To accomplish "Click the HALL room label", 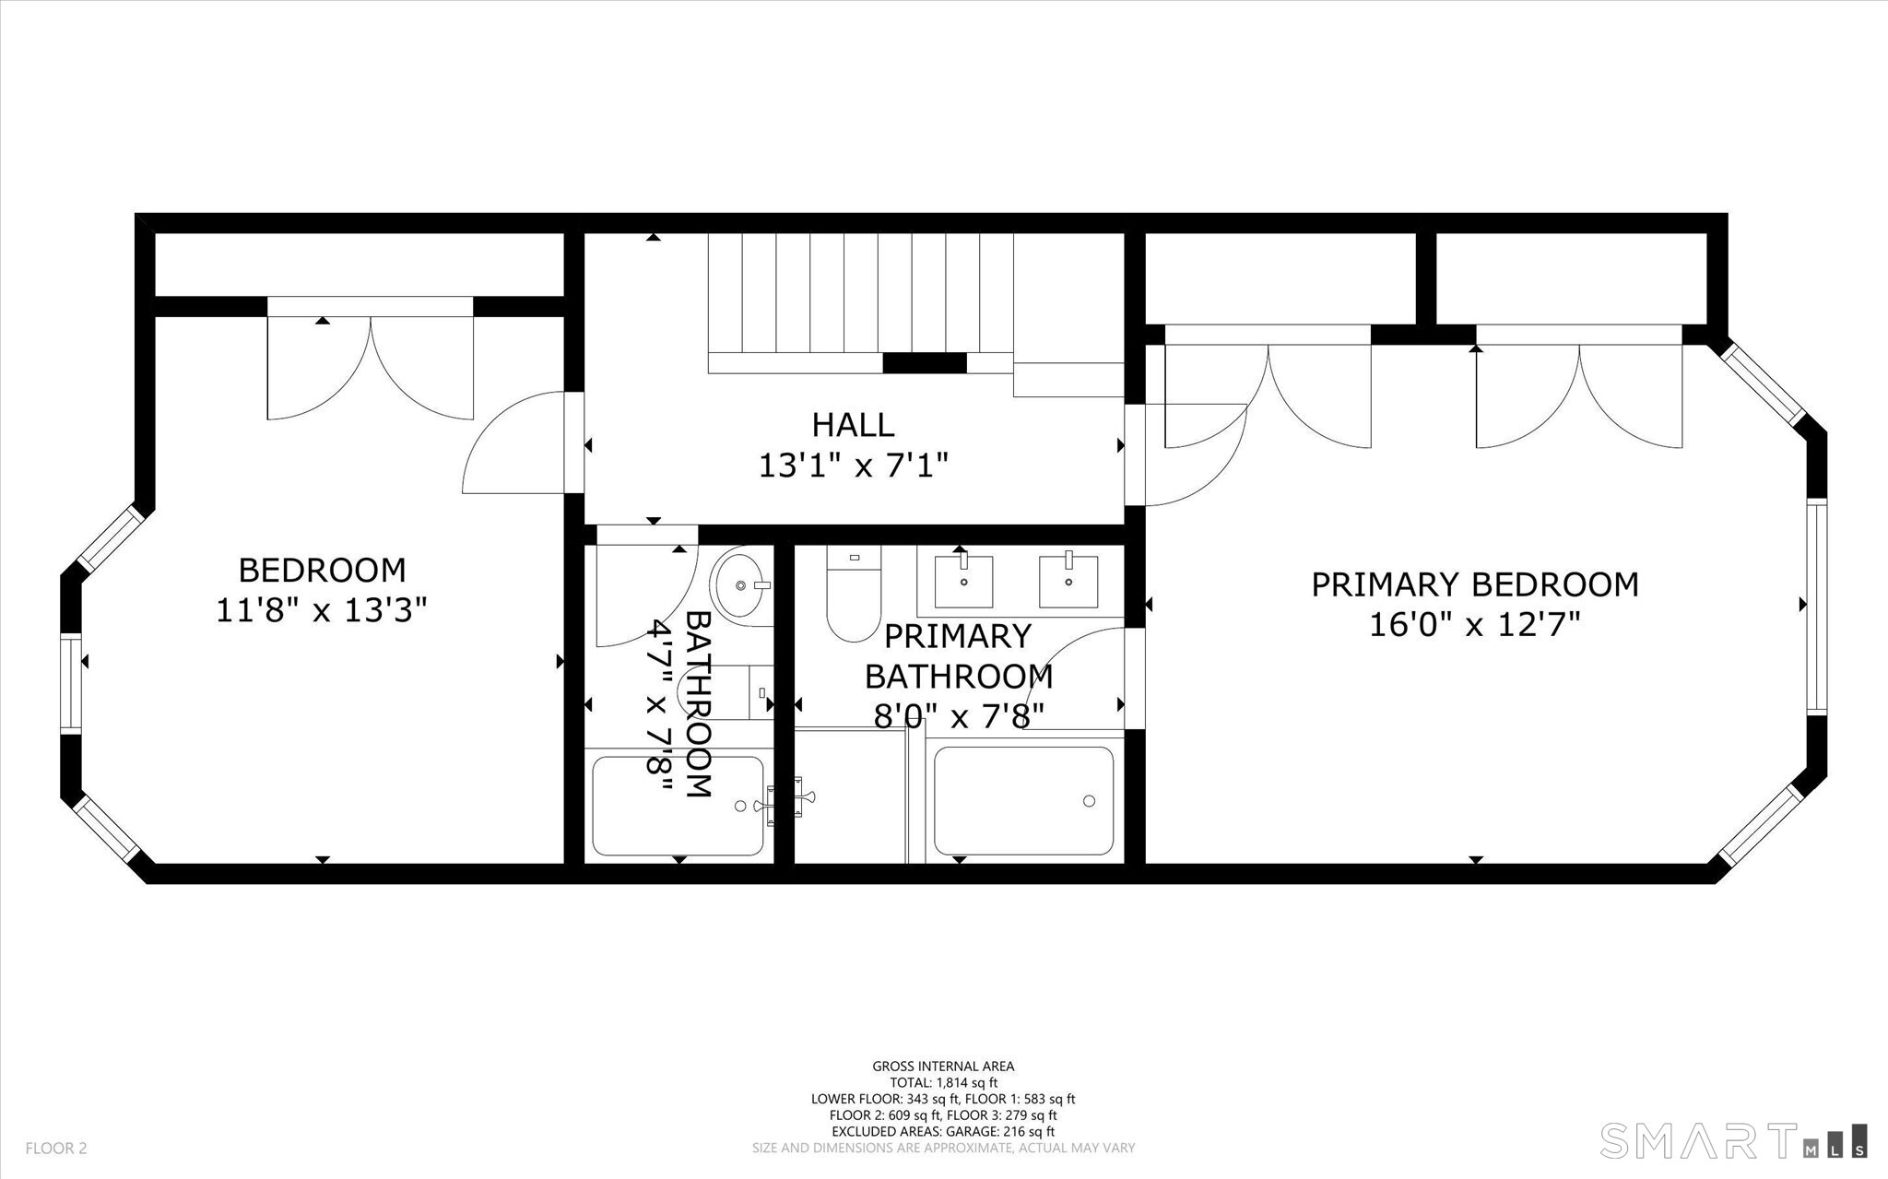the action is pyautogui.click(x=853, y=425).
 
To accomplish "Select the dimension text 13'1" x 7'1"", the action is pyautogui.click(x=853, y=466).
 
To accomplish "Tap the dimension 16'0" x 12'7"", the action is pyautogui.click(x=1475, y=625).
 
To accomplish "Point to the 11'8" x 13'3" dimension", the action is pyautogui.click(x=322, y=610).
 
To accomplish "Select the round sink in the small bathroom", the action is pyautogui.click(x=742, y=584).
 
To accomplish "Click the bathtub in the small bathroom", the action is pyautogui.click(x=678, y=806).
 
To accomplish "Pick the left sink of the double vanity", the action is pyautogui.click(x=964, y=581).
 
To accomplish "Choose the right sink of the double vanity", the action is pyautogui.click(x=1068, y=581).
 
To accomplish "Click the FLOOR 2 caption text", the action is pyautogui.click(x=56, y=1149).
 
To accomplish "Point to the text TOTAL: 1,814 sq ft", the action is pyautogui.click(x=943, y=1083).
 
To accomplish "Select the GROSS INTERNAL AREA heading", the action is pyautogui.click(x=943, y=1067).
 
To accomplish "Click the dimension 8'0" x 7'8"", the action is pyautogui.click(x=959, y=715).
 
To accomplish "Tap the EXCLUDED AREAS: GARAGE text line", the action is pyautogui.click(x=943, y=1132).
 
